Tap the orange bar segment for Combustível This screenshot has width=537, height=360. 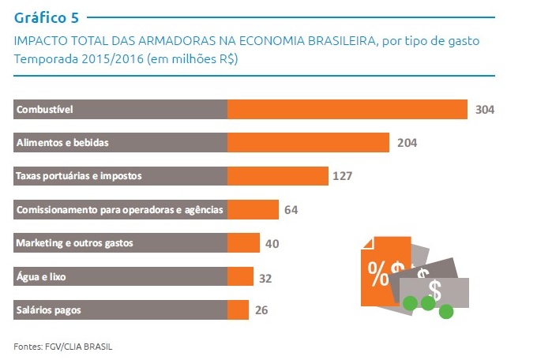click(x=347, y=109)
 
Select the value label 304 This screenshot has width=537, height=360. click(x=485, y=109)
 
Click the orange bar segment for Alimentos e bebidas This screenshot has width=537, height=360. click(x=309, y=142)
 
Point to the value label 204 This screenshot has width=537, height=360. click(x=407, y=143)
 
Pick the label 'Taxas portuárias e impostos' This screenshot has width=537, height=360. click(x=79, y=175)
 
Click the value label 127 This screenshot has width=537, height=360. click(x=342, y=175)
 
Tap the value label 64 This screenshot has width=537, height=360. click(x=291, y=209)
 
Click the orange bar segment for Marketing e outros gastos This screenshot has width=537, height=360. click(x=243, y=242)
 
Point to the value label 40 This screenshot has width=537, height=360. click(x=272, y=243)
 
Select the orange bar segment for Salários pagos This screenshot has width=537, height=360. click(x=238, y=309)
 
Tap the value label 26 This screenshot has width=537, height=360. click(x=261, y=310)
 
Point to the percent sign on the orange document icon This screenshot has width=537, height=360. click(x=377, y=270)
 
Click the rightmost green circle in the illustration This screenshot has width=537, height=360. click(x=446, y=312)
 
